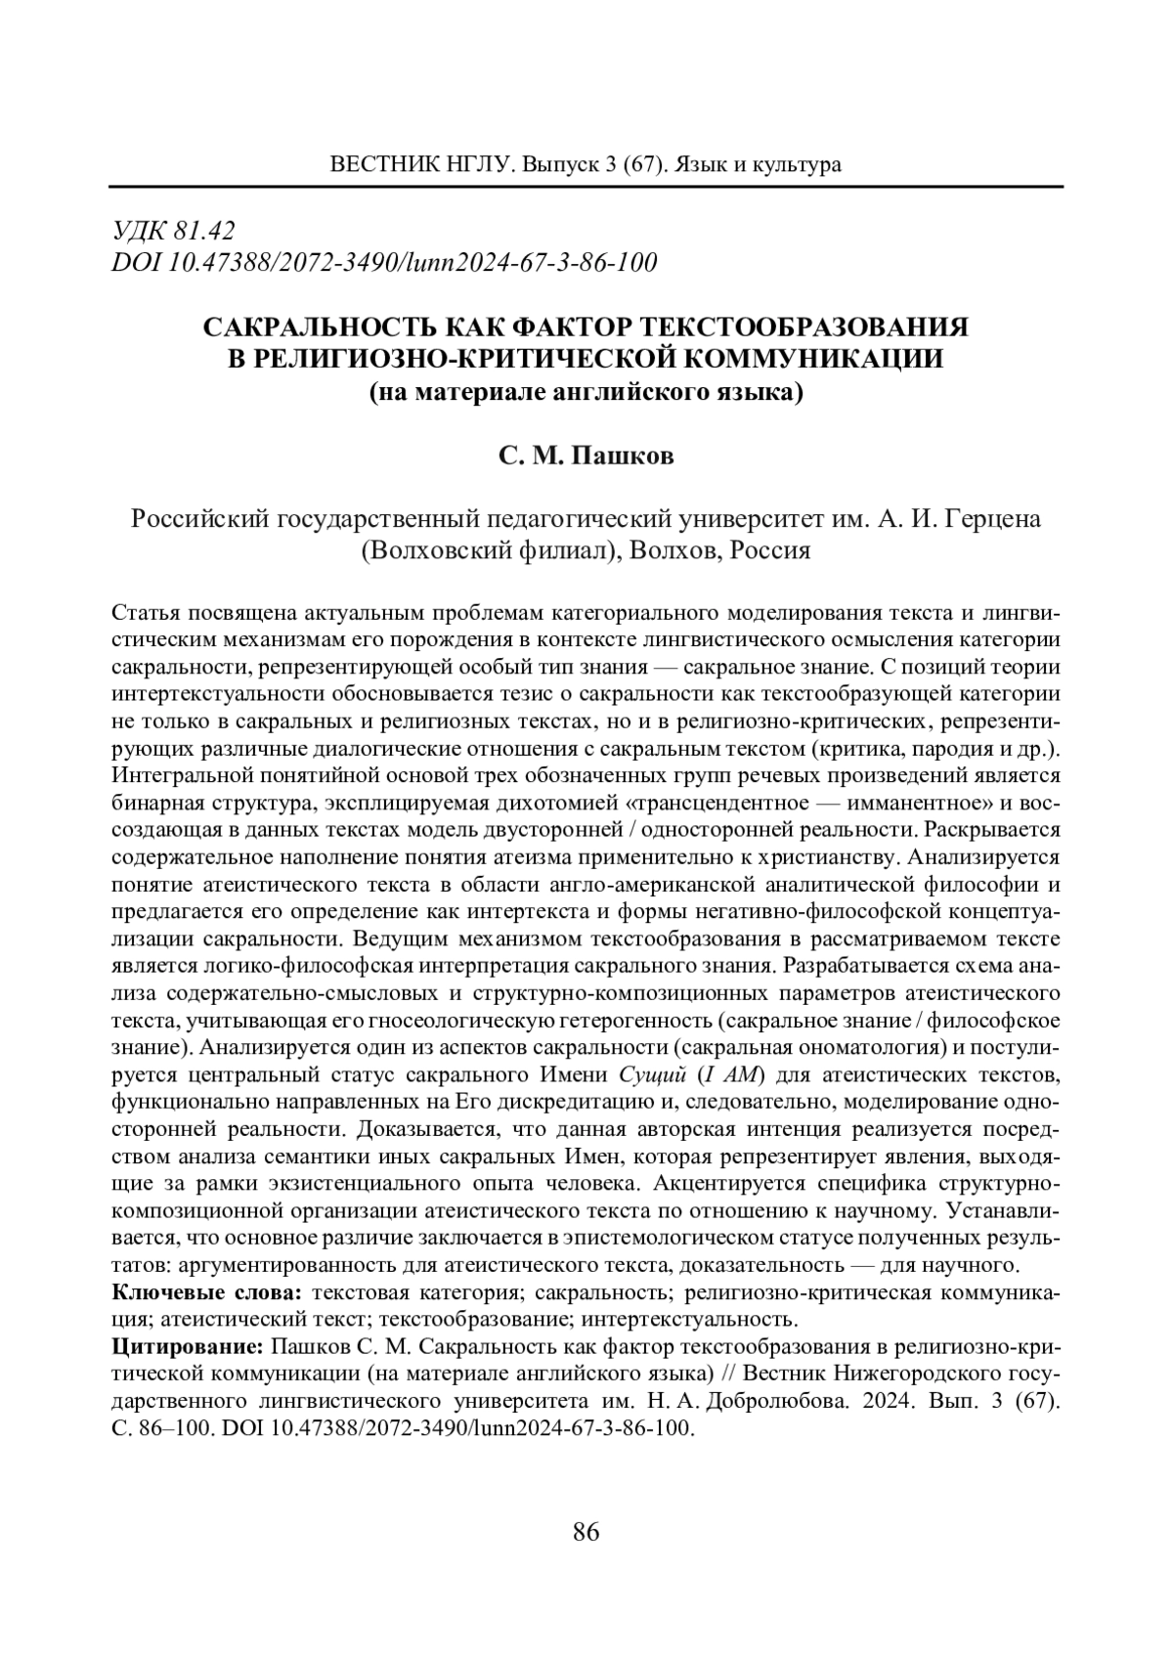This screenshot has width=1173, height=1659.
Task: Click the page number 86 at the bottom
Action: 586,1532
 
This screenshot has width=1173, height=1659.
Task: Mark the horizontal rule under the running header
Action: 586,187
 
